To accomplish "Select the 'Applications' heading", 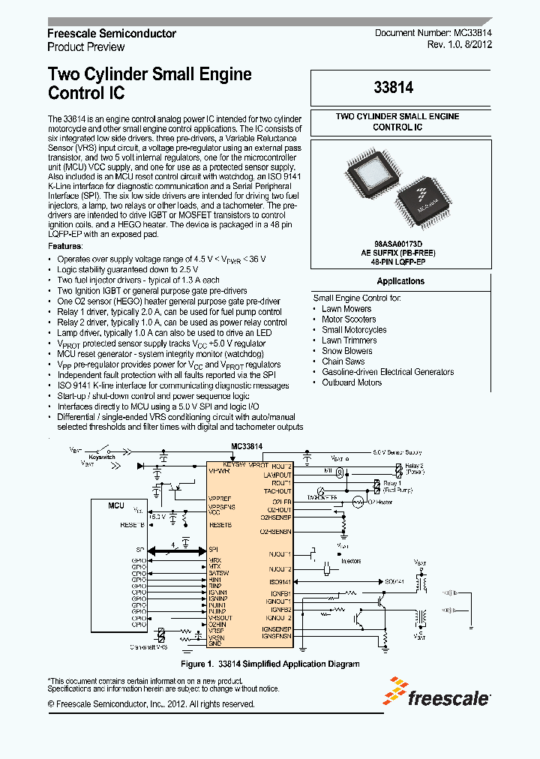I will coord(400,281).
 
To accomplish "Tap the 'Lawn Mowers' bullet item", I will coord(346,308).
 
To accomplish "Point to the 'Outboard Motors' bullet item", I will coord(352,382).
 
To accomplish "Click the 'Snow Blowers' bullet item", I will coord(346,350).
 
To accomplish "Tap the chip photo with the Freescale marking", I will coord(427,198).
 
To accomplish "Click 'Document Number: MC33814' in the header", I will coord(433,33).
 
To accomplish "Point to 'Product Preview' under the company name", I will coord(85,46).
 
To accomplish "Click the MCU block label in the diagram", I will coord(115,505).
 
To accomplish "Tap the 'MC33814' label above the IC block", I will coord(247,445).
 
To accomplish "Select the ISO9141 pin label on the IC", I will coord(280,581).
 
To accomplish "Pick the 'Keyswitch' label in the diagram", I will coord(101,456).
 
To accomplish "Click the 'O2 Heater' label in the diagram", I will coord(380,501).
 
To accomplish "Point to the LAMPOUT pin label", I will coord(277,475).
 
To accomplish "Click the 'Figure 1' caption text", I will coord(270,664).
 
